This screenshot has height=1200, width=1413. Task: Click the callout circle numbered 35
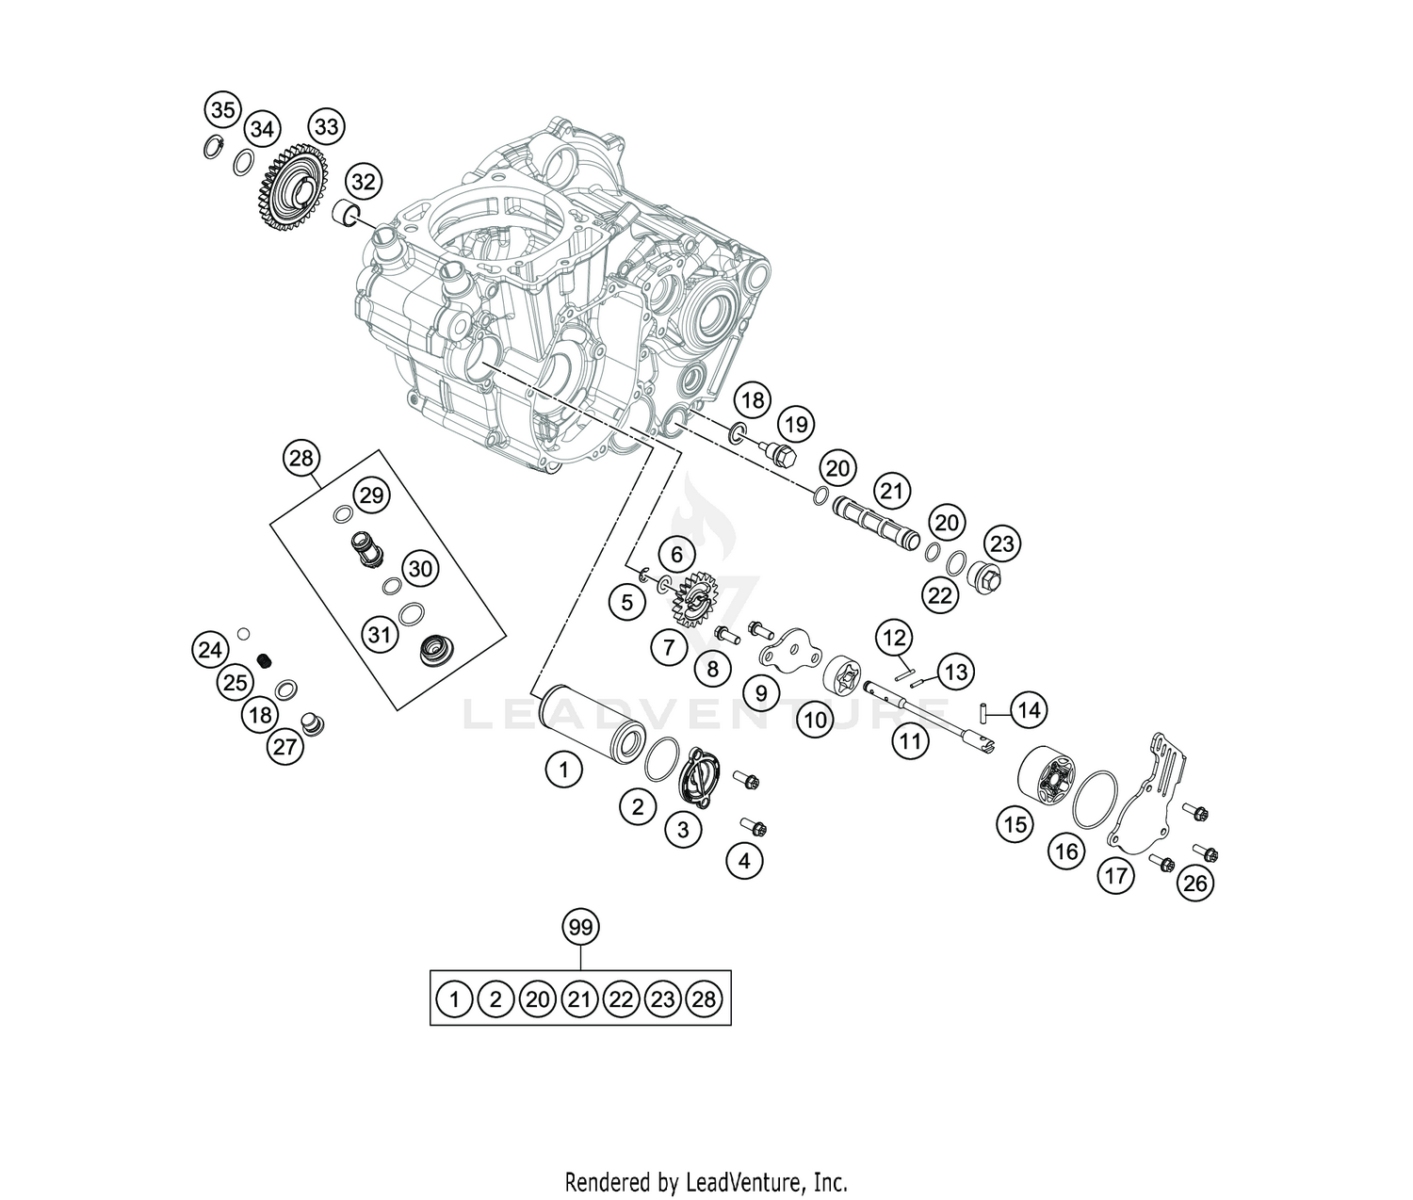[222, 110]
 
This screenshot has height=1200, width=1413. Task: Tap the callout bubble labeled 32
[364, 182]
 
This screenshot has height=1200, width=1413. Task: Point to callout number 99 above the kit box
[581, 928]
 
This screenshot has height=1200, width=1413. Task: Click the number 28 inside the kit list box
[705, 998]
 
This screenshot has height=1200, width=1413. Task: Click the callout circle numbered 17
[1116, 876]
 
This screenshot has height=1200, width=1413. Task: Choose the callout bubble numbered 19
[797, 425]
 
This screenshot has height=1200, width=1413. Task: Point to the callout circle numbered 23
[1002, 543]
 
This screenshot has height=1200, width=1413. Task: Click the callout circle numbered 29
[371, 495]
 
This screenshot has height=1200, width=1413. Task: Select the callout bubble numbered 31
[379, 635]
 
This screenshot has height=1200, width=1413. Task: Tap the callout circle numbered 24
[211, 649]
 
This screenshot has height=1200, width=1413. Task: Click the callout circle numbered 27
[284, 748]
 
